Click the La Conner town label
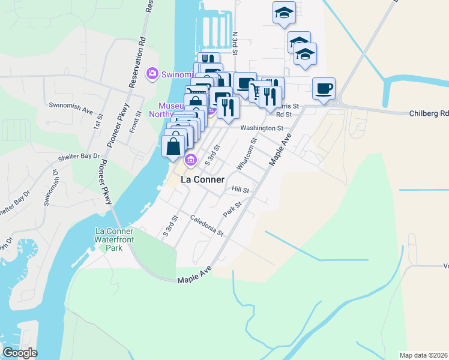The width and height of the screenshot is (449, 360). [x=202, y=179]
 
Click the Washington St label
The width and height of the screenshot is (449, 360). [x=261, y=128]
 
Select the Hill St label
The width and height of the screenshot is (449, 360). [x=240, y=189]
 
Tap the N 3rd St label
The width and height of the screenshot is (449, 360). [x=236, y=43]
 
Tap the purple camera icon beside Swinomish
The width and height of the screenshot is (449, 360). [x=152, y=74]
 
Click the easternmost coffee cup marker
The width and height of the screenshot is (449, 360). [x=324, y=89]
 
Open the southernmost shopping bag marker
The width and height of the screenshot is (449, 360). [x=173, y=146]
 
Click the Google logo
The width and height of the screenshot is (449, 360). [x=20, y=353]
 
